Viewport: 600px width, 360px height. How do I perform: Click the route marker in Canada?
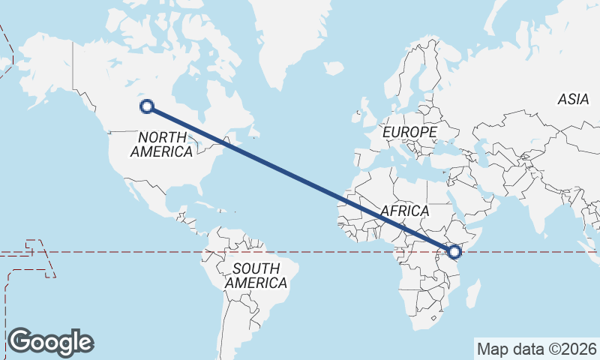(147, 106)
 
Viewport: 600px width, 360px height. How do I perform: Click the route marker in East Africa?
(454, 252)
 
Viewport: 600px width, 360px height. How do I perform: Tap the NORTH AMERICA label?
(162, 144)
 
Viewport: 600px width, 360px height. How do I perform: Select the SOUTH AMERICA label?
(256, 275)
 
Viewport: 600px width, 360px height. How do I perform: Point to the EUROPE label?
(409, 132)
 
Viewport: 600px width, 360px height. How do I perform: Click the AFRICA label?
(404, 211)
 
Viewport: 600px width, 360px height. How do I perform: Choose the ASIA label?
(574, 99)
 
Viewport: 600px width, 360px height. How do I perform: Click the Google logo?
(50, 341)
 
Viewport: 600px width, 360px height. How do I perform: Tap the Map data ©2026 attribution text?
(537, 349)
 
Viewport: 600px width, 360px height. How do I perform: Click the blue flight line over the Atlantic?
(300, 178)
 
